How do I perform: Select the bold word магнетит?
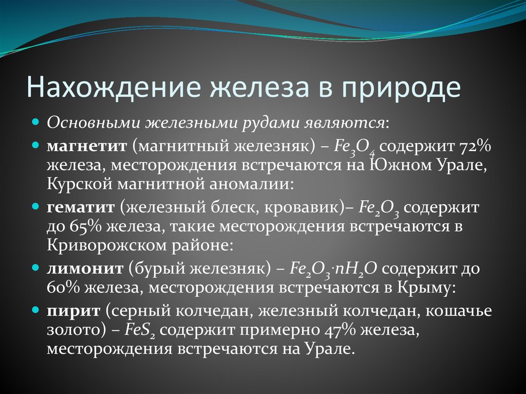tap(87, 146)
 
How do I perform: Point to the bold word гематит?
tap(81, 207)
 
